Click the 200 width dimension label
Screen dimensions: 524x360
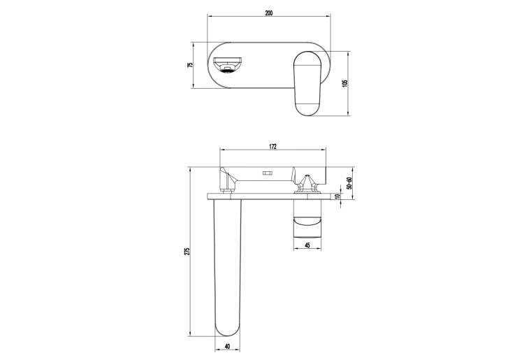269,13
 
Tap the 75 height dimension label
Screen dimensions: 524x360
191,65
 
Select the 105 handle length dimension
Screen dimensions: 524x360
346,83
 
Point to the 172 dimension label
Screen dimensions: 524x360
272,146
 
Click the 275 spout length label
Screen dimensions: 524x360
187,252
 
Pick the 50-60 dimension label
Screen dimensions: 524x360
349,183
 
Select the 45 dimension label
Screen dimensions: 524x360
307,245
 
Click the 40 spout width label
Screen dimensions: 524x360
227,346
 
